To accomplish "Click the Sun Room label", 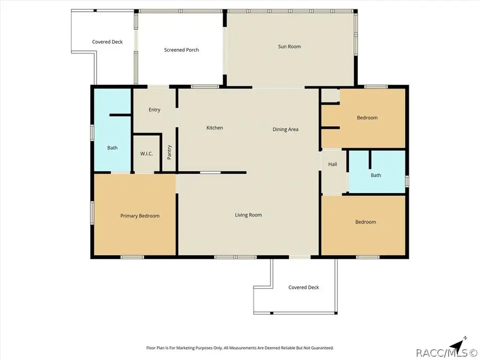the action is tap(289, 46).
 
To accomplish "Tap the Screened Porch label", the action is tap(181, 50).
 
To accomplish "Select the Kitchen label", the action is tap(214, 127).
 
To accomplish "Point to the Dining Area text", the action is tap(285, 130).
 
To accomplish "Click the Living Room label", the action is tap(248, 215).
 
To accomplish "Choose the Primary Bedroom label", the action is tap(140, 216).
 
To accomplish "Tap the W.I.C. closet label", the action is tap(147, 154).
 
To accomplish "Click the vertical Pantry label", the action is tap(169, 152).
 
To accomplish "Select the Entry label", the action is tap(154, 109).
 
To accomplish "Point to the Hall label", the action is tap(332, 164).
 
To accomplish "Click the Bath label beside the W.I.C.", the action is tap(113, 148).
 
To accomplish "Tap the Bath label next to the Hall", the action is tap(376, 175).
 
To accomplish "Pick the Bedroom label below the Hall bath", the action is tap(365, 222).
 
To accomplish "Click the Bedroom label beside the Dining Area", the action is tap(367, 117).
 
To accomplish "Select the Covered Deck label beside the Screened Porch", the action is tap(107, 42).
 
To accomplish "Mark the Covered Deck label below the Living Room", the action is tap(303, 287).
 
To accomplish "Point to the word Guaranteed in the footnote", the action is tap(322, 348).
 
